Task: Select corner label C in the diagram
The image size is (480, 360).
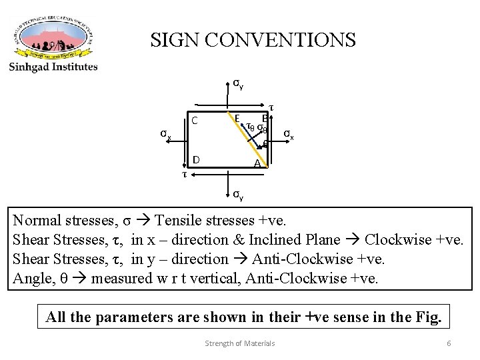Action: click(195, 121)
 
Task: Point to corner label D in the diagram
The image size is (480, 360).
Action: click(196, 159)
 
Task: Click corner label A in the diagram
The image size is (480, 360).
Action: click(257, 164)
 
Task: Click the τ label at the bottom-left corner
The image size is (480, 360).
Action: click(185, 175)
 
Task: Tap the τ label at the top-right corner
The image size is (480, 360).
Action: click(271, 107)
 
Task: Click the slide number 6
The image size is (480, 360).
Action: click(449, 343)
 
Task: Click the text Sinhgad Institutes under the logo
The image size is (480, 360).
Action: click(53, 67)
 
